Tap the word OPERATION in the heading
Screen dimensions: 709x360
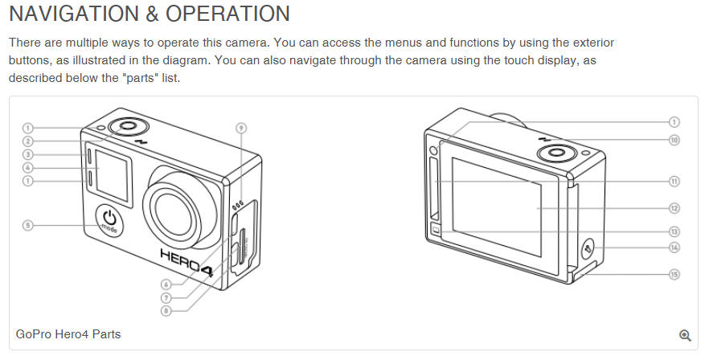coord(227,14)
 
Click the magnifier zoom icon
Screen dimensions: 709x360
coord(685,335)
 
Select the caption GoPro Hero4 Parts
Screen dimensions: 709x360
coord(68,334)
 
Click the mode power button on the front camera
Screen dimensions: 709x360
coord(109,221)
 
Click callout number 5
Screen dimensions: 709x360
coord(28,225)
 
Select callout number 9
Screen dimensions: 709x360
coord(241,128)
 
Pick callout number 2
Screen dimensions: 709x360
coord(28,141)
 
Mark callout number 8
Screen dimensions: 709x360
coord(166,311)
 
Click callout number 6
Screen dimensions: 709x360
coord(166,284)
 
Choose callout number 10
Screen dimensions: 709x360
coord(674,140)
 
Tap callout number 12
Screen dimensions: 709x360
coord(674,208)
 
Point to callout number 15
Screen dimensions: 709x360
coord(674,274)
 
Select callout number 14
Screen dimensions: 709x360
coord(674,247)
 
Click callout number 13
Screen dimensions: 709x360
coord(674,231)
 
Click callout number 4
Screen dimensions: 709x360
coord(28,168)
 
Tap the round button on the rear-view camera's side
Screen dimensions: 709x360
coord(588,249)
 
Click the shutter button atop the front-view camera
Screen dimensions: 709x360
coord(128,125)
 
